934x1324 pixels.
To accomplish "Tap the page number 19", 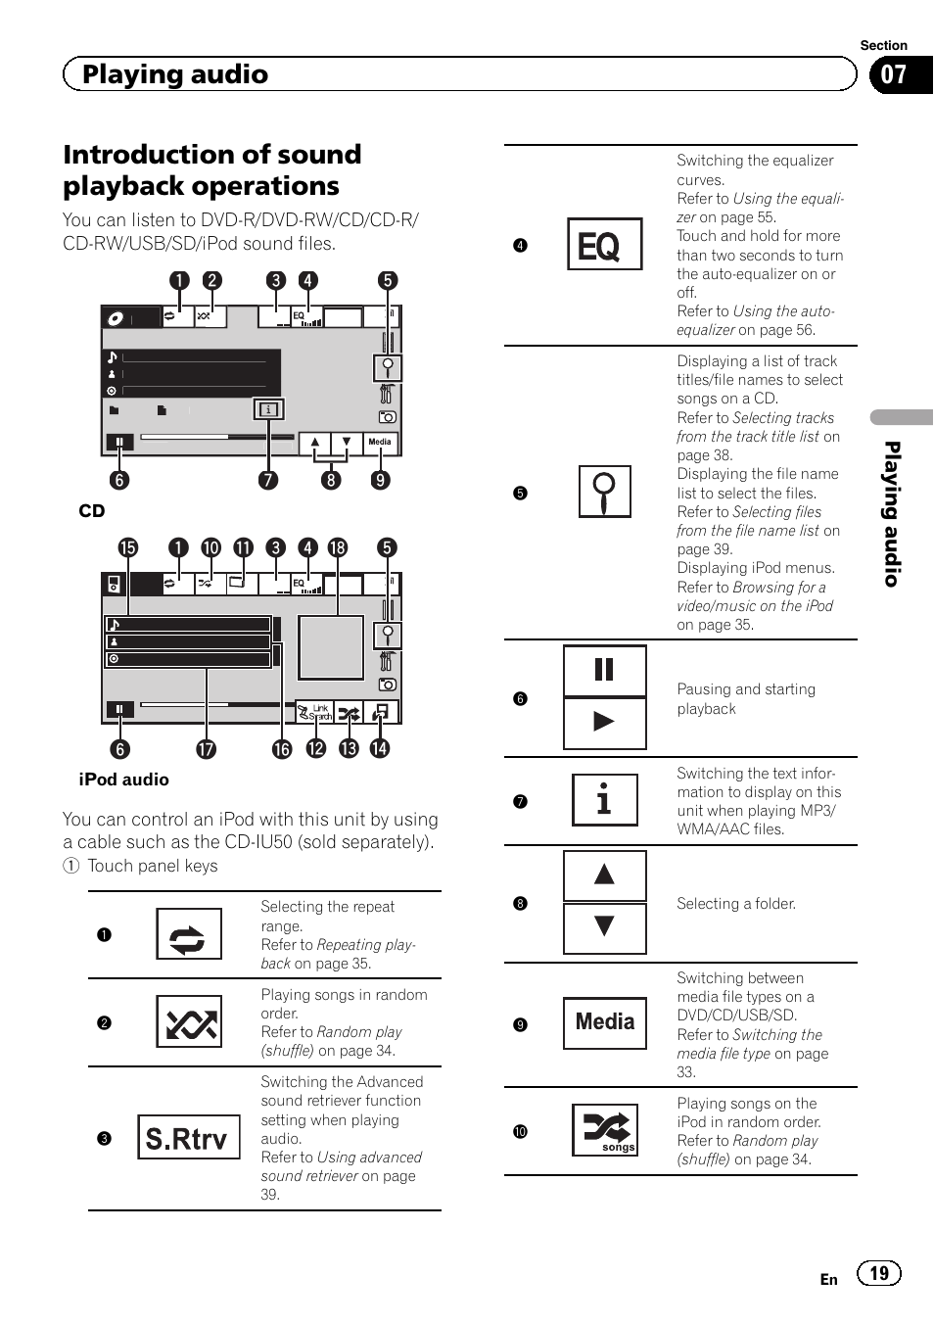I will (x=878, y=1273).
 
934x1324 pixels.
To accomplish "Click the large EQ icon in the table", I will (x=604, y=245).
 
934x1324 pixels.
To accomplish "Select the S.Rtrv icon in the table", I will (x=188, y=1138).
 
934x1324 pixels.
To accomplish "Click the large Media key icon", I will (x=604, y=1023).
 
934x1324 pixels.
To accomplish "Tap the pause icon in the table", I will (x=604, y=671).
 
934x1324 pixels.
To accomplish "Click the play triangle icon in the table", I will (x=604, y=723).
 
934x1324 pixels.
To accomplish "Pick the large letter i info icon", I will (x=604, y=800).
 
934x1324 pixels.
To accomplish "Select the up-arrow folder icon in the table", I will (x=604, y=875).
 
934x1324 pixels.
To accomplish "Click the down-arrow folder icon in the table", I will (x=604, y=926).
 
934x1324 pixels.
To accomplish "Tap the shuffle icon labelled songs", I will (x=605, y=1130).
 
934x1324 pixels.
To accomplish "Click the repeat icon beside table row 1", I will (x=188, y=935).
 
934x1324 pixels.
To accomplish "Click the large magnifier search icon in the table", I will (x=604, y=492).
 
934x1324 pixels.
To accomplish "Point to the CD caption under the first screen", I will (x=92, y=511).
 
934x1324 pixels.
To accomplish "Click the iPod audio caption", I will (x=123, y=780).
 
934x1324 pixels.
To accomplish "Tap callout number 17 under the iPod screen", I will (x=206, y=749).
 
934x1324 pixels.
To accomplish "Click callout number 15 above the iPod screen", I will (x=128, y=547).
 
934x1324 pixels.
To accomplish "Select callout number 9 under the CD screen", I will (x=380, y=480).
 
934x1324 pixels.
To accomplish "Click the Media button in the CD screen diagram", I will (x=380, y=443).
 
